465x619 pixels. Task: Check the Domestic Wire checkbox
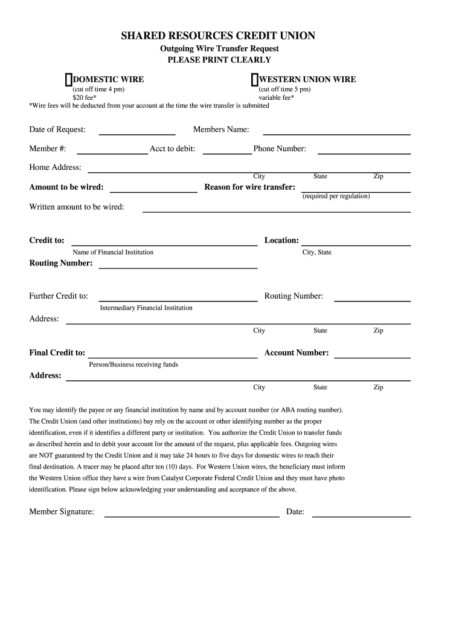coord(69,80)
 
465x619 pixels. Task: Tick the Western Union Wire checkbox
coord(255,80)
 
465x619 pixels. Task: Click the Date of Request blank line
coord(136,132)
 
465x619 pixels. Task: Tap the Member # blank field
coord(112,152)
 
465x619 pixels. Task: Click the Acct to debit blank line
coord(227,152)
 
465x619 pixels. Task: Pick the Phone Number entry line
coord(364,152)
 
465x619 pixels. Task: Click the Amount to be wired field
coord(153,190)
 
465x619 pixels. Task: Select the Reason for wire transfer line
coord(356,190)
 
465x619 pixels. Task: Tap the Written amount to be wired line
coord(276,210)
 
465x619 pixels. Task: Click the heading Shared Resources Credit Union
coord(218,36)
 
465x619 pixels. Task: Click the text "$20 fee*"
coord(85,97)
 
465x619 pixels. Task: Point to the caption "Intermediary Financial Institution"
coord(146,308)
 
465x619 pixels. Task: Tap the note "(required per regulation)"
coord(336,196)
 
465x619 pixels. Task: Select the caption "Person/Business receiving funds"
coord(133,365)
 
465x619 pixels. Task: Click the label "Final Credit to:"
coord(57,353)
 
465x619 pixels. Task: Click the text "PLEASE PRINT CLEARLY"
coord(219,60)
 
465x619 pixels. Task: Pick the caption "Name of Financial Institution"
coord(113,252)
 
